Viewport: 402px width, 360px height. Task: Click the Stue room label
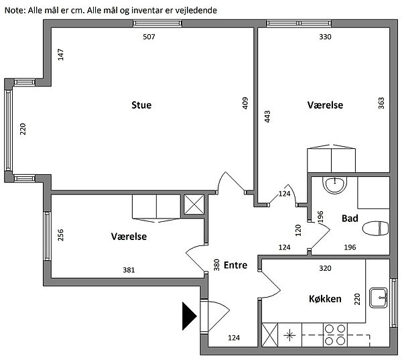point(141,105)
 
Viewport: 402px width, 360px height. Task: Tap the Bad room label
point(350,219)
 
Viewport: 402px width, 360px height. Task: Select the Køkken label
point(326,299)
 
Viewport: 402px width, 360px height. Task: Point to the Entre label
point(236,265)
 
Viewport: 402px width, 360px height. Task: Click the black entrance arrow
point(188,316)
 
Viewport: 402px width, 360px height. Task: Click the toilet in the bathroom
point(375,229)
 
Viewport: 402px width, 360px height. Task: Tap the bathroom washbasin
point(333,184)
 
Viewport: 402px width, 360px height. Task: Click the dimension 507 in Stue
point(149,37)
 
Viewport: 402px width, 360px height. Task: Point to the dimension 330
point(325,37)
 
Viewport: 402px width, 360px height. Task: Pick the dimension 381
point(129,271)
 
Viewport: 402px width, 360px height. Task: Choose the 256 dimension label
point(60,235)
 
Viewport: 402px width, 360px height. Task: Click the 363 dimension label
point(381,103)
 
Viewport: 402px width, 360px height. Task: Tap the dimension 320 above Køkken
point(324,267)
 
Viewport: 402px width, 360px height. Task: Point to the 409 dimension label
point(245,103)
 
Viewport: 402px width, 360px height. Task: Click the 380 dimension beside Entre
point(216,265)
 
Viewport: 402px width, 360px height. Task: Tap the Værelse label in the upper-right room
point(326,105)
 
